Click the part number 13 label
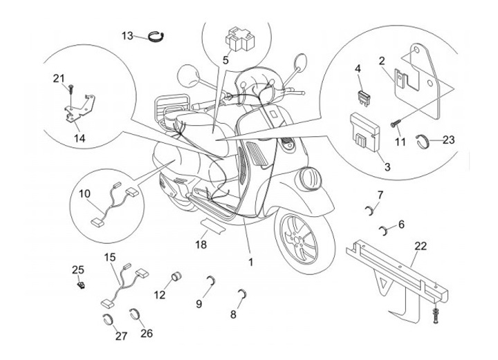(x=127, y=35)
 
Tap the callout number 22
(x=421, y=245)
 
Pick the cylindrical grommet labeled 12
(x=175, y=278)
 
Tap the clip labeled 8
(x=241, y=293)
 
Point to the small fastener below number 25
(x=82, y=284)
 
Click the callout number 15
(x=110, y=258)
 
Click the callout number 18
(x=201, y=245)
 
